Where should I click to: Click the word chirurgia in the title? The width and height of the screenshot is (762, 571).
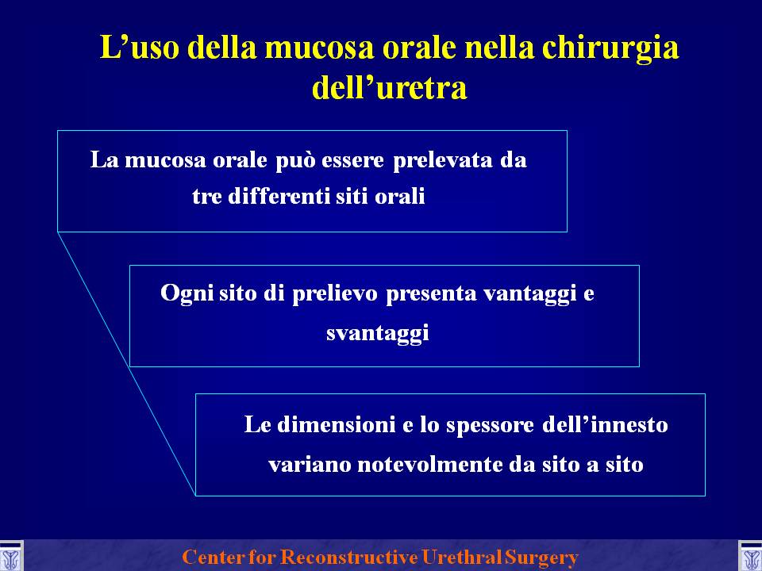point(610,49)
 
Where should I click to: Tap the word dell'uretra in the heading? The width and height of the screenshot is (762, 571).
point(389,87)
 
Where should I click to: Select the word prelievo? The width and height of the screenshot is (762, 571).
point(334,293)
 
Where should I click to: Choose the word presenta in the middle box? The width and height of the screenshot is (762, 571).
point(431,294)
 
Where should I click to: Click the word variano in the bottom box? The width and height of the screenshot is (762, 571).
point(310,466)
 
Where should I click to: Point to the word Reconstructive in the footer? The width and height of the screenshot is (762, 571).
point(349,557)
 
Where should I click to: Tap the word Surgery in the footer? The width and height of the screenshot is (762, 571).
point(541,558)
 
